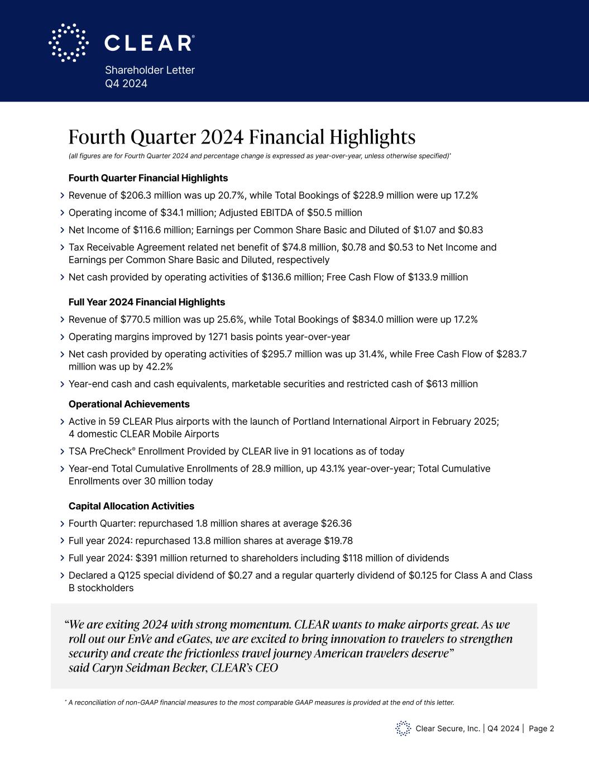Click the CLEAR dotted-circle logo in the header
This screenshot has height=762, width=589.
pos(68,42)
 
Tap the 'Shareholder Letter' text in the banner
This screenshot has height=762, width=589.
pos(150,70)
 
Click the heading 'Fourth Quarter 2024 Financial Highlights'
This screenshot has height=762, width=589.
pos(242,137)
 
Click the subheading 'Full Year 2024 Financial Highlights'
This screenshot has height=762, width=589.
pos(146,302)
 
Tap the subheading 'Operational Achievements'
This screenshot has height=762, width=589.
pos(129,404)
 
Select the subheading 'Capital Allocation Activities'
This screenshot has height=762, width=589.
pos(131,506)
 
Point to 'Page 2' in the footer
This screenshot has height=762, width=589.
pos(541,729)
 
